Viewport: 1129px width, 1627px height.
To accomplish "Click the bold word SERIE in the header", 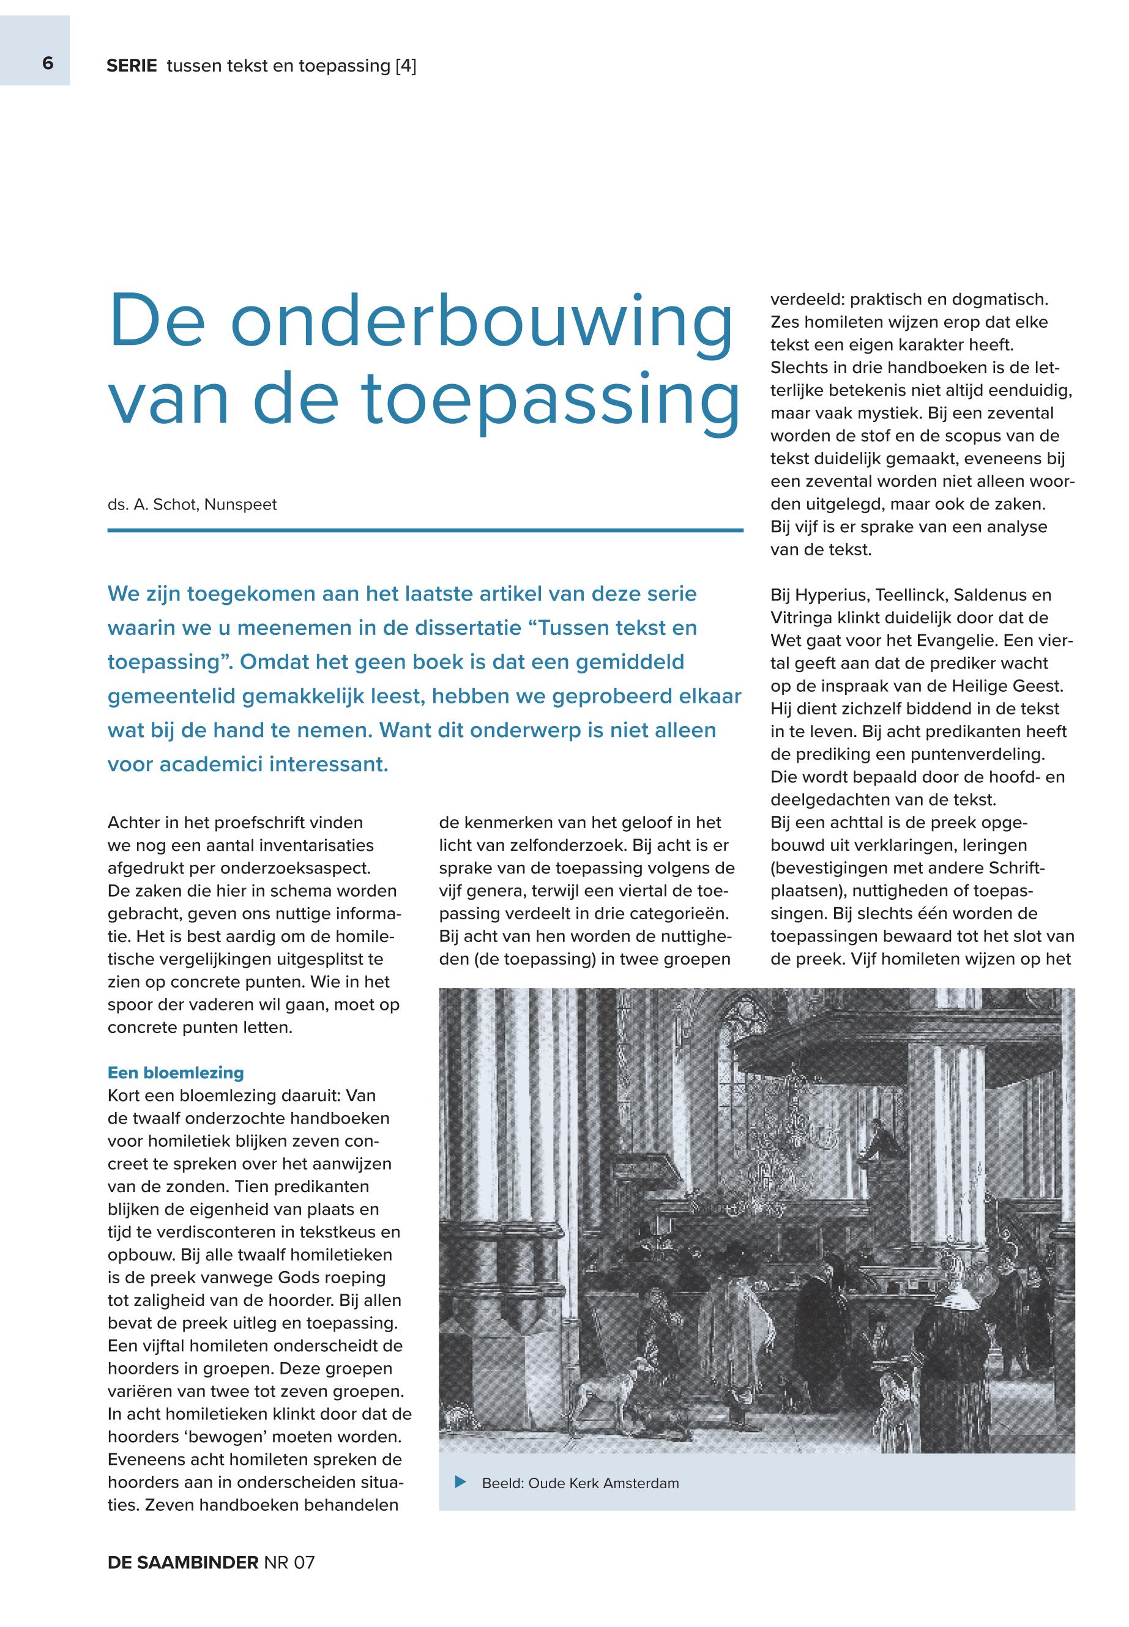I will click(132, 67).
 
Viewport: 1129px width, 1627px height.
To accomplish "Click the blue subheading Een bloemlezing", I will click(176, 1073).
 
